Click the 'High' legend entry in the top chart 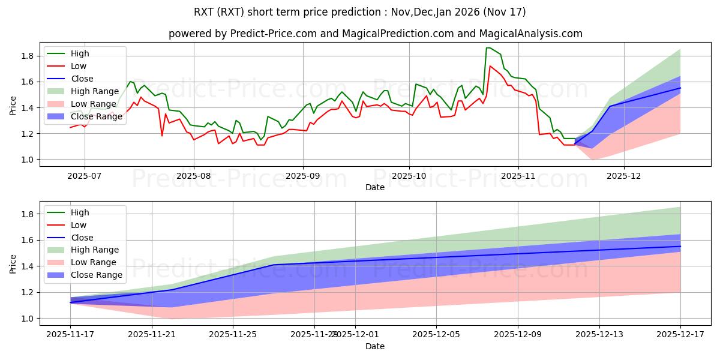click(81, 53)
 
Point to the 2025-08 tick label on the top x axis click(193, 175)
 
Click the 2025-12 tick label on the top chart click(624, 175)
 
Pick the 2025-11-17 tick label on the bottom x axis click(70, 334)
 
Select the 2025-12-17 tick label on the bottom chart click(680, 334)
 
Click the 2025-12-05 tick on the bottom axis click(436, 334)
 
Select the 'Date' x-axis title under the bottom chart click(375, 346)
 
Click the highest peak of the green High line click(488, 47)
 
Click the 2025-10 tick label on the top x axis click(409, 175)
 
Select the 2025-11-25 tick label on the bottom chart click(233, 334)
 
